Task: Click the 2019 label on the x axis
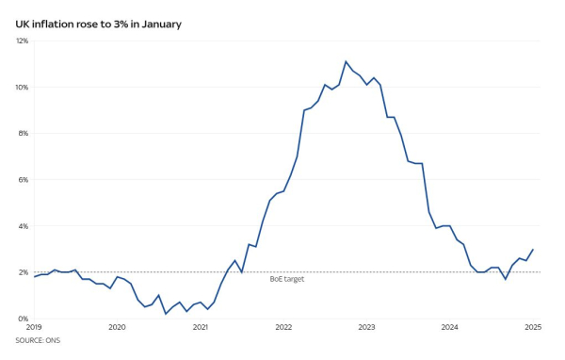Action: click(34, 328)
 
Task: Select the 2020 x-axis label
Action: click(117, 328)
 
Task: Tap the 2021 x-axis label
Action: click(201, 328)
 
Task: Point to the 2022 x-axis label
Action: click(283, 328)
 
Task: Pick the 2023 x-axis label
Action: click(366, 328)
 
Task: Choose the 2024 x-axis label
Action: click(450, 328)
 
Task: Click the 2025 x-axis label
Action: click(533, 328)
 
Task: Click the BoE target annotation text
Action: click(286, 279)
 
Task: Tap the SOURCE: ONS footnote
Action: click(36, 339)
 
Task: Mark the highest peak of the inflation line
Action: click(346, 61)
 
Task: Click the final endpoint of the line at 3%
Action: click(533, 250)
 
